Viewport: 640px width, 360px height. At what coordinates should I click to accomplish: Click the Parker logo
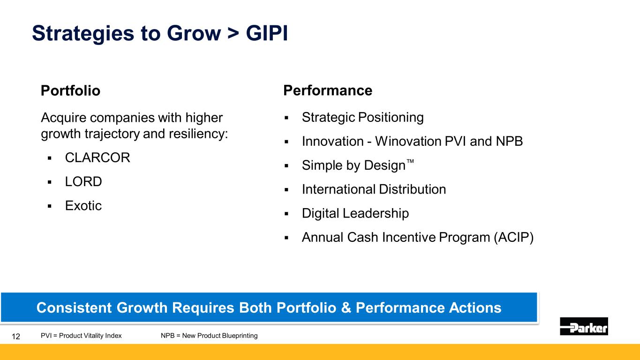(584, 326)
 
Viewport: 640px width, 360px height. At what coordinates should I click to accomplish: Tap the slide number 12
(16, 336)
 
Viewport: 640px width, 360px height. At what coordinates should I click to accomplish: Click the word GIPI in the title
(267, 33)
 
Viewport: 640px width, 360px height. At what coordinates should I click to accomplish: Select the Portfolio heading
(71, 90)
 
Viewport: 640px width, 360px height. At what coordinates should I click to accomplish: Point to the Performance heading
(328, 90)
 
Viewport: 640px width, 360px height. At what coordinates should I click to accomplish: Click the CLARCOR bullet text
(98, 157)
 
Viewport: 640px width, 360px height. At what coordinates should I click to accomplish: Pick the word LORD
(83, 181)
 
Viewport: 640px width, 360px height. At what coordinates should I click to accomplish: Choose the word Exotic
(83, 205)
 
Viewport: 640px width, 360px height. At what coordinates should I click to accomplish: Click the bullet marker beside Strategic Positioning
(286, 118)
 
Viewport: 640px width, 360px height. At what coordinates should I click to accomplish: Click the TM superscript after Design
(410, 161)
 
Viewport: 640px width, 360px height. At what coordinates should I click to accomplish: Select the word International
(339, 189)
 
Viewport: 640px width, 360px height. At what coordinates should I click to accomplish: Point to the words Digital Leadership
(355, 213)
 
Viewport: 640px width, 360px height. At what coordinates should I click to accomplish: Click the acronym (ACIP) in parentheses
(514, 238)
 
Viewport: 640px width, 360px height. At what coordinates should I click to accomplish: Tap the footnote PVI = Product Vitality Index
(81, 336)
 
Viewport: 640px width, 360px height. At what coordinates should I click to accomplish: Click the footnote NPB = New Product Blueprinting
(209, 336)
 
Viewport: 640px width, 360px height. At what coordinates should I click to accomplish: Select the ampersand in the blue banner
(346, 307)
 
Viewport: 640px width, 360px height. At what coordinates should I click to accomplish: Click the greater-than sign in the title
(233, 33)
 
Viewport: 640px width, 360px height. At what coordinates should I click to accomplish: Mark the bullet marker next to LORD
(49, 182)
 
